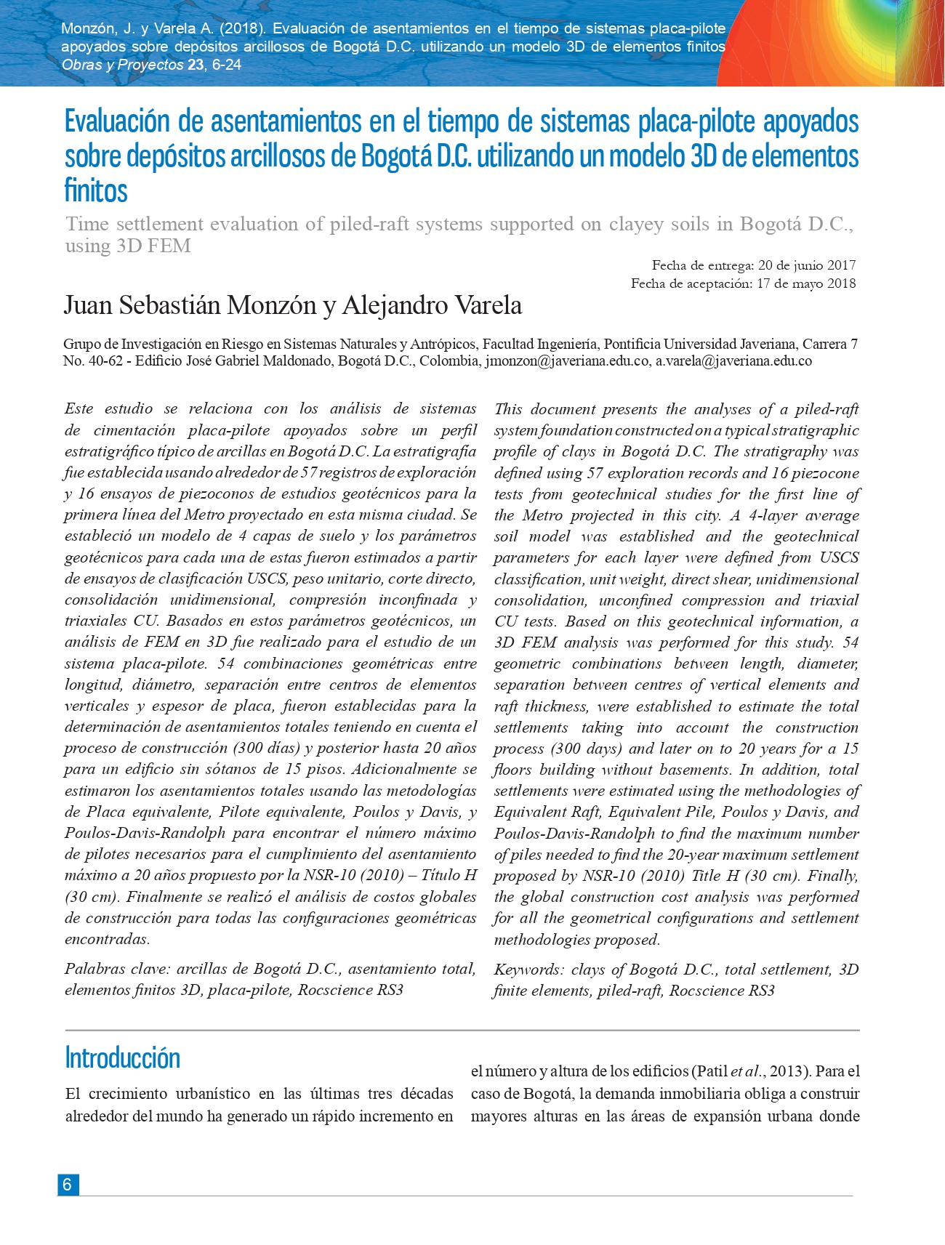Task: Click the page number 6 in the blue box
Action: pyautogui.click(x=67, y=1185)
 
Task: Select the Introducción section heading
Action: pyautogui.click(x=122, y=1058)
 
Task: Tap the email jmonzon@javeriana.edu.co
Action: pyautogui.click(x=567, y=361)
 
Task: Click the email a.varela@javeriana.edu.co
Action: pyautogui.click(x=733, y=361)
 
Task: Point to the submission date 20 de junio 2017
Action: pyautogui.click(x=807, y=265)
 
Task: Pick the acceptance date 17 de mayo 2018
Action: pyautogui.click(x=806, y=283)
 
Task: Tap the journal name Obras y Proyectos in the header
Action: pyautogui.click(x=122, y=65)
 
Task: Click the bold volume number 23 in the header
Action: pyautogui.click(x=195, y=65)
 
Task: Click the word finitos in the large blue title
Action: pyautogui.click(x=96, y=190)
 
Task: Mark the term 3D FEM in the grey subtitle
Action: pyautogui.click(x=153, y=246)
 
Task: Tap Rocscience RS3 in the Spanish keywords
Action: pyautogui.click(x=350, y=990)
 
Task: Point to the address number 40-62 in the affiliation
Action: pyautogui.click(x=102, y=361)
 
